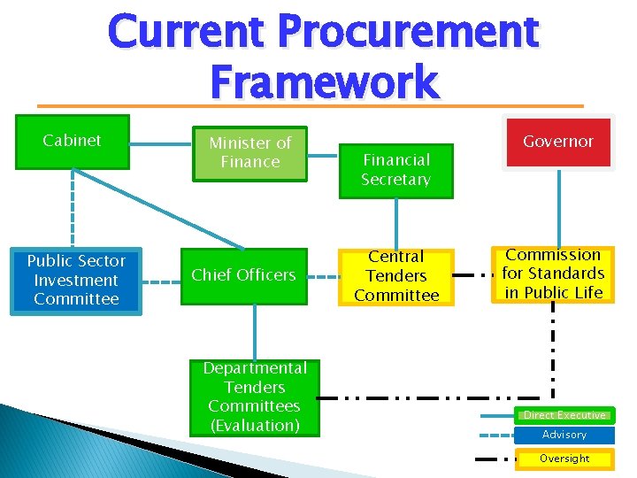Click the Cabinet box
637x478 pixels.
[x=73, y=142]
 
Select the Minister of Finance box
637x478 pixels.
[x=250, y=153]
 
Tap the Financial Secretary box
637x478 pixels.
[x=395, y=170]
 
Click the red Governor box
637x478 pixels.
[x=558, y=142]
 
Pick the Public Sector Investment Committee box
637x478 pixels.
[x=77, y=280]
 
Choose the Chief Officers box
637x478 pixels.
[x=244, y=275]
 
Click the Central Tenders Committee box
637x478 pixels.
[x=396, y=276]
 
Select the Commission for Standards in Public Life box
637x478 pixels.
[x=553, y=274]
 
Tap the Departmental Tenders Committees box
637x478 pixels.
[x=255, y=397]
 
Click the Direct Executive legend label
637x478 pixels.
[x=564, y=415]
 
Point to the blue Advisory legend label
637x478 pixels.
[x=564, y=435]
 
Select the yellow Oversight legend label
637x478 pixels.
[x=564, y=459]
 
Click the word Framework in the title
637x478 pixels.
[x=324, y=82]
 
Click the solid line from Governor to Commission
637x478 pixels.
[x=558, y=207]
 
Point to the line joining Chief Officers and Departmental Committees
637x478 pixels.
[x=255, y=331]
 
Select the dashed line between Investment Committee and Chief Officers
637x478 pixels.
[x=162, y=282]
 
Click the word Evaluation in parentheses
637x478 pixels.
[x=255, y=426]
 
